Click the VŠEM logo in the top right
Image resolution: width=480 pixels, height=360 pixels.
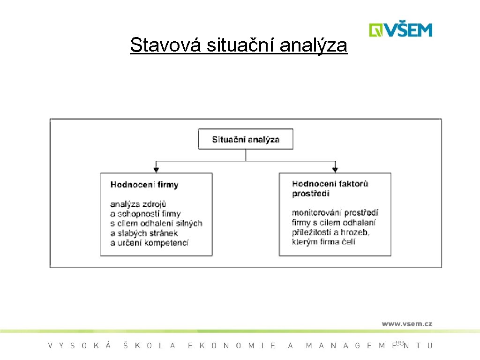[x=400, y=30]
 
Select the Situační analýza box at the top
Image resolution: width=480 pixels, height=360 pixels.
[x=246, y=139]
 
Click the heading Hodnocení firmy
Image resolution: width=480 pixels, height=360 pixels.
[x=144, y=185]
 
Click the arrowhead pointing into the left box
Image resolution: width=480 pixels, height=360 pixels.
[x=156, y=169]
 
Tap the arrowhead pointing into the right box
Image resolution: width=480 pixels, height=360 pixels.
[x=335, y=169]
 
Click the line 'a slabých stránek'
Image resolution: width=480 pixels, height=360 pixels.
[x=144, y=233]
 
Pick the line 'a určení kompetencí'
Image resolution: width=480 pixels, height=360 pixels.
[x=149, y=243]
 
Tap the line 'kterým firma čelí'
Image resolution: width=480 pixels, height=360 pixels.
[x=323, y=242]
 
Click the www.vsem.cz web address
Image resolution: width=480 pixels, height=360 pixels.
[x=406, y=323]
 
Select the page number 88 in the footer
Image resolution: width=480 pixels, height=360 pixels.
[x=399, y=344]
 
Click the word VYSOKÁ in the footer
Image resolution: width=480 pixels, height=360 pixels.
[x=80, y=346]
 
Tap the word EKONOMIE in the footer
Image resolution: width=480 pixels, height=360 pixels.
[x=232, y=346]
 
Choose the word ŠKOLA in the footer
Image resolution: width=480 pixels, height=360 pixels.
[x=149, y=346]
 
